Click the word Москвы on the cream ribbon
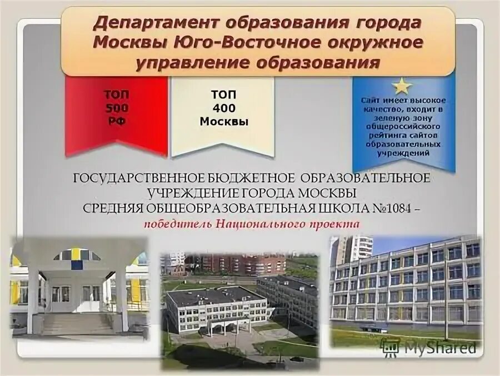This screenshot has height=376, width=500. pos(223,121)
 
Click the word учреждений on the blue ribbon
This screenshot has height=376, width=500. pos(403,152)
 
